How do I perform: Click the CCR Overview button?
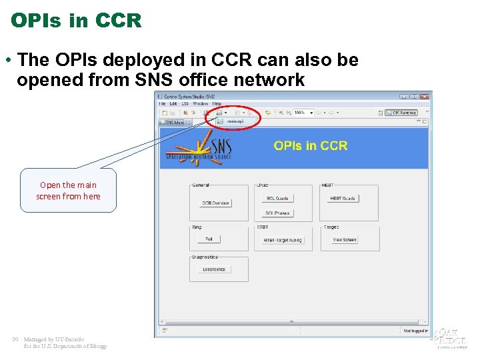(215, 203)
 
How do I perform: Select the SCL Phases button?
(277, 213)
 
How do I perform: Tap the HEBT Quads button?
(343, 198)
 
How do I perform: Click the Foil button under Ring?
(209, 239)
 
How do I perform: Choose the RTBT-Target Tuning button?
(282, 240)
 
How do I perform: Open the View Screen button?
(344, 239)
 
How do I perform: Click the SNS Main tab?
(174, 123)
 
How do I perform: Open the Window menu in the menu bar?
(200, 103)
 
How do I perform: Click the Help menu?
(217, 103)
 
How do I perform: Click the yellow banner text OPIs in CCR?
(310, 145)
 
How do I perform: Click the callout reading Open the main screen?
(68, 191)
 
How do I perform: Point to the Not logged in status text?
(415, 331)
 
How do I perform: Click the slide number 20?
(15, 339)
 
